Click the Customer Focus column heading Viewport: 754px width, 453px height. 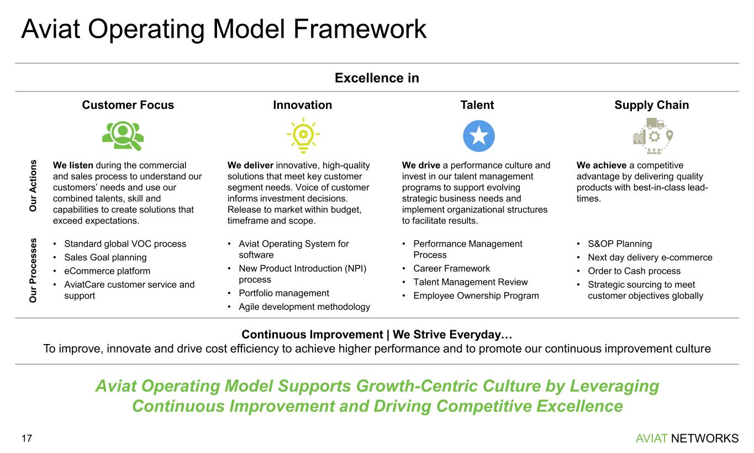[x=128, y=105]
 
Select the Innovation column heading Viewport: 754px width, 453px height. [x=302, y=105]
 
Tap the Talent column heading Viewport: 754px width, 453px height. [x=477, y=105]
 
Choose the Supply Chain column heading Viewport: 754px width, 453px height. [x=651, y=105]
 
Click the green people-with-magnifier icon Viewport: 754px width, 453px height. [x=123, y=136]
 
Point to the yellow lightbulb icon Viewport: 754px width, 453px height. [x=303, y=136]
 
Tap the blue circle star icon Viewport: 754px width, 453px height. [x=479, y=136]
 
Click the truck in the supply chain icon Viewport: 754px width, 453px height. [x=655, y=123]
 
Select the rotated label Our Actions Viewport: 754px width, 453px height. [x=33, y=186]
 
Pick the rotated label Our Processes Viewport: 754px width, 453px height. [x=33, y=270]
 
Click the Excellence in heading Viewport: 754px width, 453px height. [x=377, y=78]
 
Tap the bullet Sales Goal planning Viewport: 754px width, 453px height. [x=106, y=258]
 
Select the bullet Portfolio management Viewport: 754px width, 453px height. [x=284, y=293]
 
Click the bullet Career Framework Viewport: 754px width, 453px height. [x=451, y=269]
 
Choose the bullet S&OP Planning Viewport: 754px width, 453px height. [x=620, y=244]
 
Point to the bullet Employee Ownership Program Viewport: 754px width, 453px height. [x=476, y=296]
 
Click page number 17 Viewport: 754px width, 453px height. [x=27, y=439]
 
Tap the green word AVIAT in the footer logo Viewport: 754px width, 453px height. [x=651, y=439]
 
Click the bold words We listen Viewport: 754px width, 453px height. [x=73, y=165]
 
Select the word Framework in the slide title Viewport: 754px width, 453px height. [x=360, y=29]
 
